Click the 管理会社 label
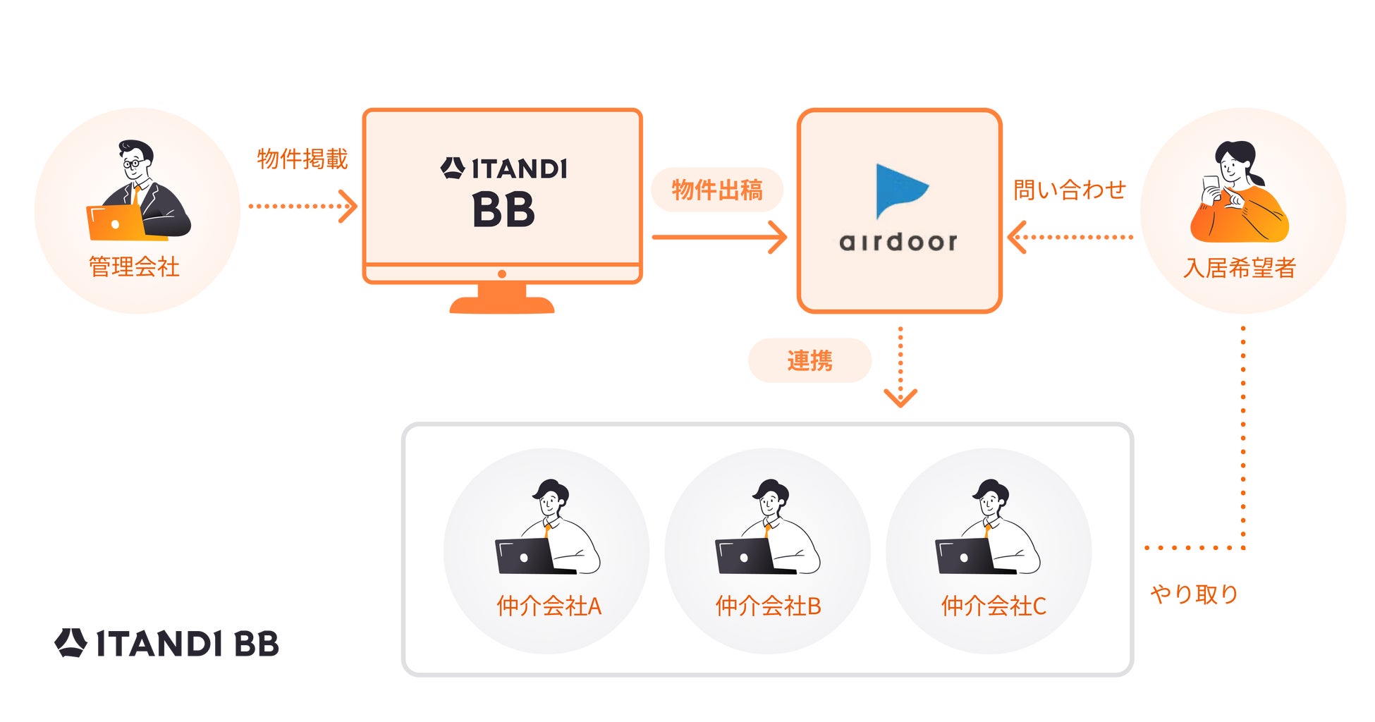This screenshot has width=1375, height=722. pyautogui.click(x=134, y=267)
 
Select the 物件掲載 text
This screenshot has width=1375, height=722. pyautogui.click(x=302, y=159)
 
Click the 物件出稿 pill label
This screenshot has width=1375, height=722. pyautogui.click(x=717, y=190)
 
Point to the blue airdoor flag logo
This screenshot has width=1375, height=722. pyautogui.click(x=898, y=190)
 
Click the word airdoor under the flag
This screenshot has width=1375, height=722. pyautogui.click(x=898, y=243)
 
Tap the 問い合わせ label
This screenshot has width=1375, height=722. pyautogui.click(x=1069, y=190)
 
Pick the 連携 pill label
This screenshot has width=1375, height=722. pyautogui.click(x=809, y=360)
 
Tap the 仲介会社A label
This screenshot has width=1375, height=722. pyautogui.click(x=549, y=606)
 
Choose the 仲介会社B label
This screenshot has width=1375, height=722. pyautogui.click(x=768, y=606)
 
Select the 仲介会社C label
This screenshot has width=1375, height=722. pyautogui.click(x=993, y=606)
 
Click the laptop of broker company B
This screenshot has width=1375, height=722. pyautogui.click(x=745, y=556)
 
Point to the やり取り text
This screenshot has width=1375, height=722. pyautogui.click(x=1194, y=594)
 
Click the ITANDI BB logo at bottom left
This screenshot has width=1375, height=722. pyautogui.click(x=167, y=643)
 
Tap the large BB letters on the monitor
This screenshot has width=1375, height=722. pyautogui.click(x=503, y=211)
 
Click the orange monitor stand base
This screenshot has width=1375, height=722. pyautogui.click(x=502, y=304)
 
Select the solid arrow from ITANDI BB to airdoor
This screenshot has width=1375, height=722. pyautogui.click(x=719, y=237)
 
